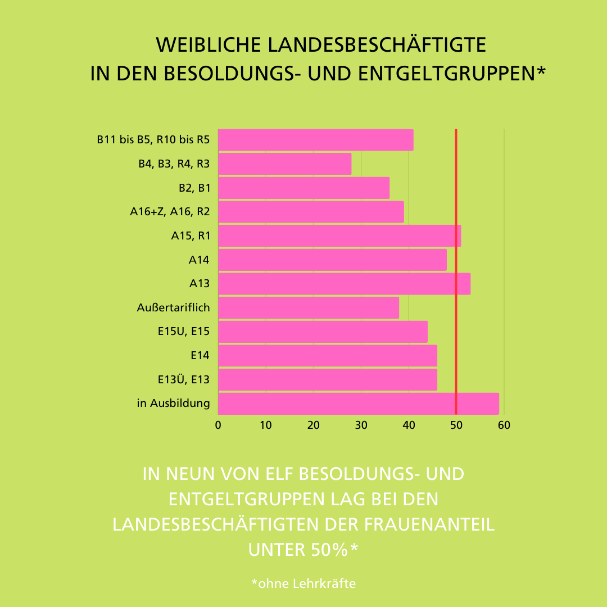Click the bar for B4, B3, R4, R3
284,164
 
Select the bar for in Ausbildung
358,404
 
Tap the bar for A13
344,284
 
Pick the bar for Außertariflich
308,308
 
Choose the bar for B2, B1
303,188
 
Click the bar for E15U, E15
323,332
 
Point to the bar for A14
332,260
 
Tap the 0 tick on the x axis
218,425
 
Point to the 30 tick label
361,425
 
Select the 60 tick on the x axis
504,425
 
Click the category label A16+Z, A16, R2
170,212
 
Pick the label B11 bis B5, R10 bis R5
153,140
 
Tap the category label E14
200,355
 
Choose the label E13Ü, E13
184,379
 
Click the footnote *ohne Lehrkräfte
303,583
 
